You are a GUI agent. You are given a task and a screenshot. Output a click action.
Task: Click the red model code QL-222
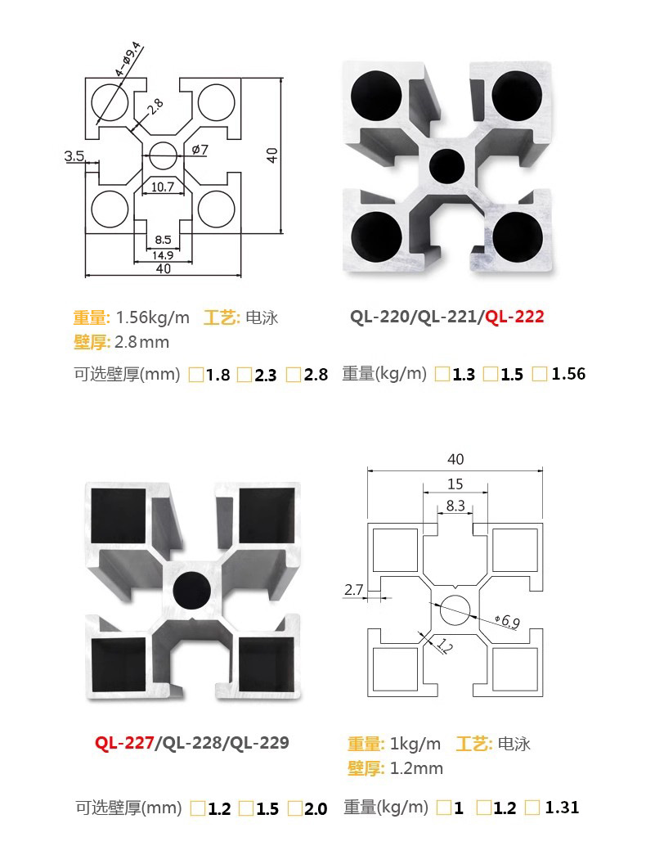click(514, 317)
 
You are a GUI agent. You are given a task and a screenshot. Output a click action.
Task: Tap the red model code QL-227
click(124, 743)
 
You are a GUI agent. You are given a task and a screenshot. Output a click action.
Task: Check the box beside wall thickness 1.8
click(196, 376)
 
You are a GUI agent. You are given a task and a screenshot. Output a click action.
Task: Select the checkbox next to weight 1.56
click(540, 374)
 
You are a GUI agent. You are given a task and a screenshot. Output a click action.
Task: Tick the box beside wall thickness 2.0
click(296, 808)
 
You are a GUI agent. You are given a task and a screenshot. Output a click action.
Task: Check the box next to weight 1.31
click(532, 808)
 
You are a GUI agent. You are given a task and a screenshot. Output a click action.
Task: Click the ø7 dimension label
click(200, 150)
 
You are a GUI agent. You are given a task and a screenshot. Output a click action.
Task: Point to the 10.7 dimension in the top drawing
click(163, 187)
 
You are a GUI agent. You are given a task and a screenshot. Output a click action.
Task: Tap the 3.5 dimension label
click(74, 156)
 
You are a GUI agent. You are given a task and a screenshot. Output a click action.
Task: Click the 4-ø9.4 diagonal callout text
click(128, 59)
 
